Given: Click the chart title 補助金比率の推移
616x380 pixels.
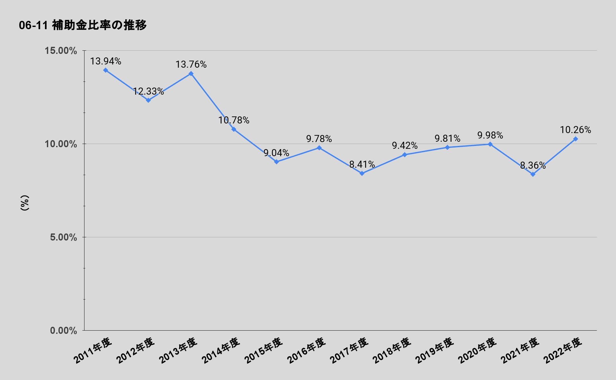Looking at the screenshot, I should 83,25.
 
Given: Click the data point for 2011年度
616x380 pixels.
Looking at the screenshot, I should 106,70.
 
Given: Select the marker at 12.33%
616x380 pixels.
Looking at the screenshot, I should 148,100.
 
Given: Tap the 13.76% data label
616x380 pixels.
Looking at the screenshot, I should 191,64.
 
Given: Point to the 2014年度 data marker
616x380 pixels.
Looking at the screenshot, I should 234,129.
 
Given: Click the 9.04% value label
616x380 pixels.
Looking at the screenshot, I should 276,153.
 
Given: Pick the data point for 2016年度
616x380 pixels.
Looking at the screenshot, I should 319,148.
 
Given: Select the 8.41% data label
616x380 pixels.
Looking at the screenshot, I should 362,165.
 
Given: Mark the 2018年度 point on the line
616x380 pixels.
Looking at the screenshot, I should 405,155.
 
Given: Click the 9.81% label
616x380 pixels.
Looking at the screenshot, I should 447,139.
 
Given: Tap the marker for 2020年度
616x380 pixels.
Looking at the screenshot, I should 490,144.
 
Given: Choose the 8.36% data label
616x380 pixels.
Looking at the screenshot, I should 533,165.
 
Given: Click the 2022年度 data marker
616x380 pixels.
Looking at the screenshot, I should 576,139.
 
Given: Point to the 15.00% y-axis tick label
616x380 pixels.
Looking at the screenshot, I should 61,51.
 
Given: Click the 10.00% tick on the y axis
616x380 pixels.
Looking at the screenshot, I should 61,144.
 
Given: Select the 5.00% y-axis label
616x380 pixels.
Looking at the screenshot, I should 64,237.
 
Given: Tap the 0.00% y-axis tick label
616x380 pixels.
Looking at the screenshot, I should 64,331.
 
